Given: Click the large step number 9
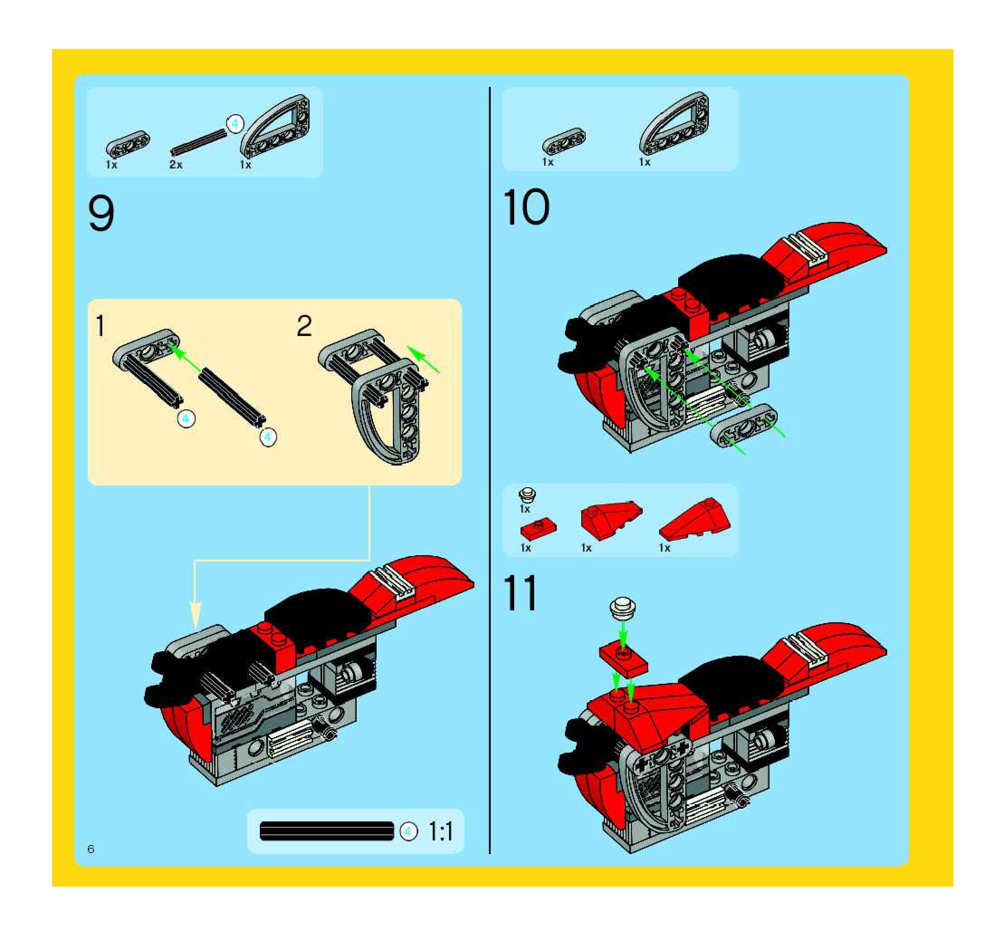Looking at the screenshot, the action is tap(101, 214).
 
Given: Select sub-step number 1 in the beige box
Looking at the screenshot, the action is tap(100, 326).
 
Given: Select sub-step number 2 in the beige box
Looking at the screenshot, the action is tap(304, 326).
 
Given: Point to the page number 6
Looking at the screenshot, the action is tap(91, 849).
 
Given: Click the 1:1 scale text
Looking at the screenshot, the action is tap(441, 832).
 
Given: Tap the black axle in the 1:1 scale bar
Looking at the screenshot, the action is tap(326, 831).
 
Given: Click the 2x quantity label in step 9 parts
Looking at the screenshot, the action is tap(176, 165).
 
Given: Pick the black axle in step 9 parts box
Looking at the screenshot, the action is tap(198, 141).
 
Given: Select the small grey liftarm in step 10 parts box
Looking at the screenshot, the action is tap(564, 140).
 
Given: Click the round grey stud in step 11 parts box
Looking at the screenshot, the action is tap(528, 494).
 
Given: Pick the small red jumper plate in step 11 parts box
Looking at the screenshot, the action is tap(538, 529).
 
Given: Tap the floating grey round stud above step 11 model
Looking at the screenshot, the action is tap(623, 608).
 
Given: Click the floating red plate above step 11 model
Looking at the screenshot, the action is tap(623, 660).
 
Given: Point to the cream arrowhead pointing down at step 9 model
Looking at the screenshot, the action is tap(196, 615).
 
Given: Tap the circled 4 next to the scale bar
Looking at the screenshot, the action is tap(409, 831).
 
